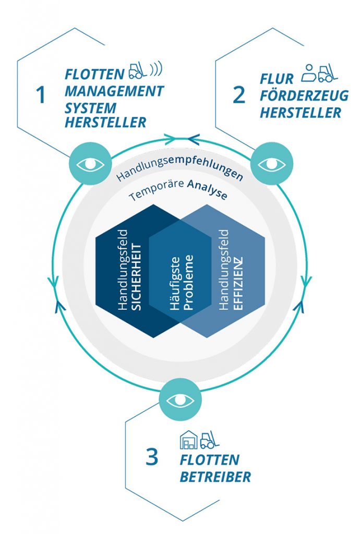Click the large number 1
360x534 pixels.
point(41,95)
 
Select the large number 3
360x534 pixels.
point(151,458)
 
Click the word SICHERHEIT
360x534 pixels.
point(137,271)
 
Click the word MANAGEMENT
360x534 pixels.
point(114,91)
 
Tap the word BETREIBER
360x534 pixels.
point(215,477)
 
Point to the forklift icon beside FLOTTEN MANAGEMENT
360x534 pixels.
point(137,70)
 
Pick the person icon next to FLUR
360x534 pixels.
point(308,73)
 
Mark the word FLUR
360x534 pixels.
point(277,79)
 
